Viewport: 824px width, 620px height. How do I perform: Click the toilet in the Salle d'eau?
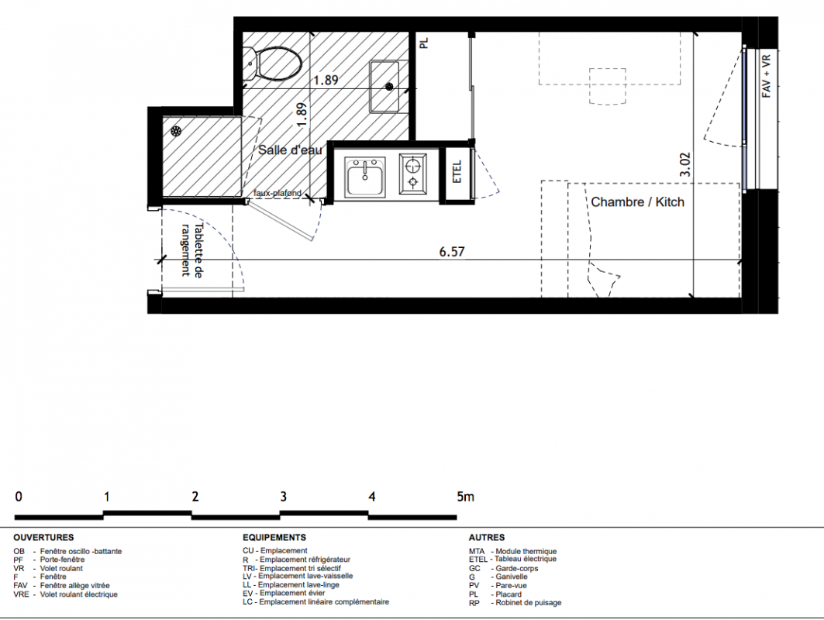[x=274, y=64]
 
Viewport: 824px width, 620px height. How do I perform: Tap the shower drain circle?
[x=175, y=131]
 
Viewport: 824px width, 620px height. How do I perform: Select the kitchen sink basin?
[x=364, y=176]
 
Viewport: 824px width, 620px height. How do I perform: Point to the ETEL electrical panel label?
[x=457, y=172]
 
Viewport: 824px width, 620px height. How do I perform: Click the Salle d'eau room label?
[x=290, y=150]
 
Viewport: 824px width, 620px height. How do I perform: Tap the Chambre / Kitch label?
[x=637, y=201]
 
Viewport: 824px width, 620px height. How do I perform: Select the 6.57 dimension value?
[x=452, y=252]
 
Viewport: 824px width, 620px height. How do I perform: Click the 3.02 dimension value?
[x=684, y=165]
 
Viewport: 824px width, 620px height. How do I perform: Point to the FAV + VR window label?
[x=766, y=76]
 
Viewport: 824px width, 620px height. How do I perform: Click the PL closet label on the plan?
[x=424, y=43]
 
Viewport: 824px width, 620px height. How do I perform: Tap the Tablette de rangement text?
[x=191, y=250]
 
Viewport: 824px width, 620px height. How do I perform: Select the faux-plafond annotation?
[x=278, y=193]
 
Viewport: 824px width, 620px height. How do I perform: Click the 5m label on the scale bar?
[x=466, y=497]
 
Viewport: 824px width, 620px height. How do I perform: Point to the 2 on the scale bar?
[x=195, y=497]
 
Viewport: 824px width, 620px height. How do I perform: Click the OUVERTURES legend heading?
[x=43, y=538]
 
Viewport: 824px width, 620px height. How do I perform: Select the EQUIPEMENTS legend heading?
[x=274, y=538]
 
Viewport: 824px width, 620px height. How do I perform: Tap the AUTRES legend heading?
[x=487, y=538]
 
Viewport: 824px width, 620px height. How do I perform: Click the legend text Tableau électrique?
[x=526, y=559]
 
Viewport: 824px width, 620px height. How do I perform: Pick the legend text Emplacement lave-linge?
[x=298, y=585]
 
